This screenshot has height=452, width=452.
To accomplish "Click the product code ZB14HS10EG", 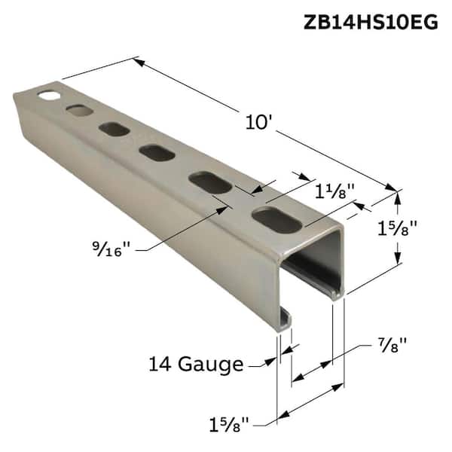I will [x=370, y=22].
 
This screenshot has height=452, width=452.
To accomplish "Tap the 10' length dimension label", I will [x=258, y=122].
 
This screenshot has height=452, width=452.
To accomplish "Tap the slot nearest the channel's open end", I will [x=274, y=218].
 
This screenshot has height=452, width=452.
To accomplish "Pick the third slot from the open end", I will [x=157, y=153].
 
